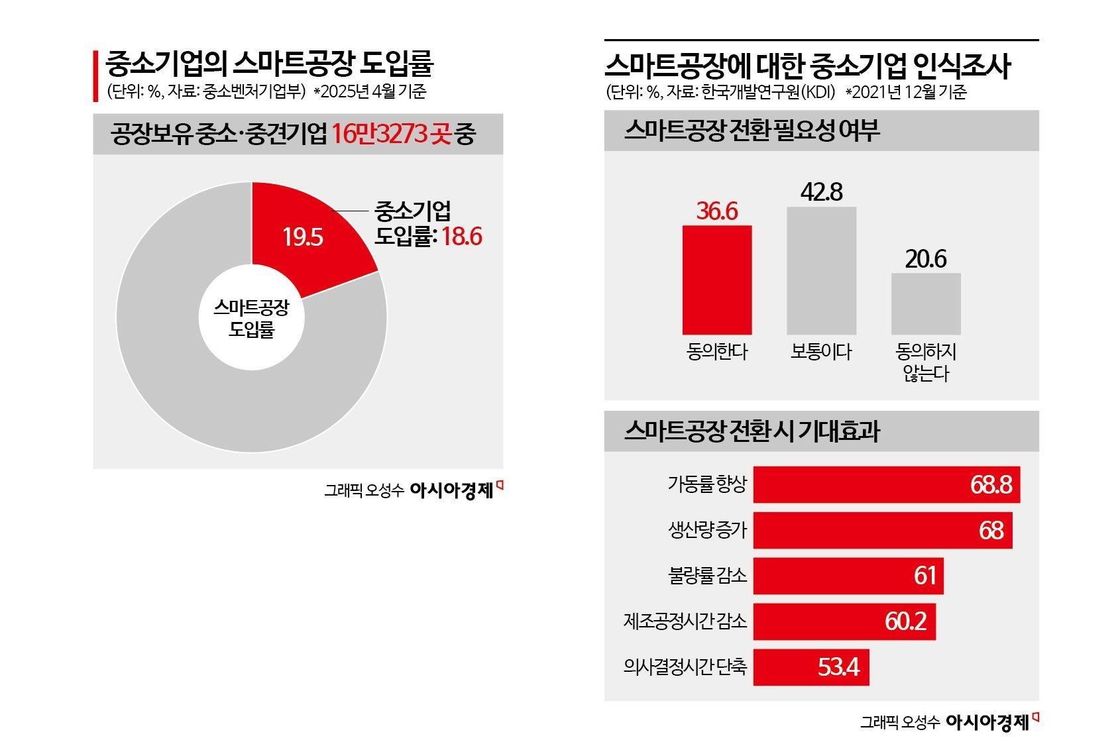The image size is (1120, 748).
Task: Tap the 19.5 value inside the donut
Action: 303,237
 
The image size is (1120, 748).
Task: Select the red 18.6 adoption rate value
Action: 462,236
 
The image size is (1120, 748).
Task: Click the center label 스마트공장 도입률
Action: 251,318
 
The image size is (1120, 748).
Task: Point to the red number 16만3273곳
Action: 390,134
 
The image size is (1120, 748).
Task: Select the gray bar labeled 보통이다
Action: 821,271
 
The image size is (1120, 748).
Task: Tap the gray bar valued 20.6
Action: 925,304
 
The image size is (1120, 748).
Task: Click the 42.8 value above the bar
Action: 821,191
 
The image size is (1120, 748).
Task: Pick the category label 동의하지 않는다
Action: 926,362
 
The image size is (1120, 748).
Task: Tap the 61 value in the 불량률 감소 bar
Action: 924,576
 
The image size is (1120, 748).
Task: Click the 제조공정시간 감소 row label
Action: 685,621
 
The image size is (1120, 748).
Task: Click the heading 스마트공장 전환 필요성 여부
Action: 752,131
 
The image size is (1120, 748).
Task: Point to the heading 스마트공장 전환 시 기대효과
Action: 752,432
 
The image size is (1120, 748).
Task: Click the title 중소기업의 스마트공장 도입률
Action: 269,64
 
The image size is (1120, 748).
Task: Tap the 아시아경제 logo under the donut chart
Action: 453,490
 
